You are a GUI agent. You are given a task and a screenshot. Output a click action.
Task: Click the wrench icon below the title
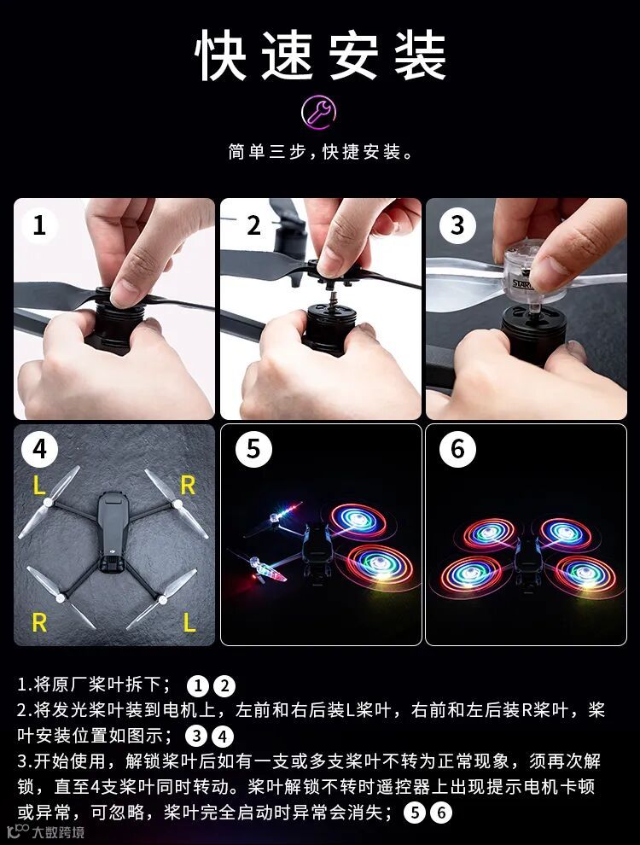point(319,112)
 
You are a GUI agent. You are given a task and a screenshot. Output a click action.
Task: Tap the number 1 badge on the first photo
point(39,224)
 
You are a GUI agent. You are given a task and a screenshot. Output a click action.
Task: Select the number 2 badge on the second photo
point(253,224)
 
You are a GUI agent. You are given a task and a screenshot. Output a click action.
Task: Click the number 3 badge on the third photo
point(457,224)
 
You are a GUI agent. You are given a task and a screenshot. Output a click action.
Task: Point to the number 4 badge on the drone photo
point(39,449)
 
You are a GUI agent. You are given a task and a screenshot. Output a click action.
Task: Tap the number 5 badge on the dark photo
point(253,449)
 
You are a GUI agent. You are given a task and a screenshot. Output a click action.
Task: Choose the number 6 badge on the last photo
point(457,449)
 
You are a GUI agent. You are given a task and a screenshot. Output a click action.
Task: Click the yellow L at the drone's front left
point(38,487)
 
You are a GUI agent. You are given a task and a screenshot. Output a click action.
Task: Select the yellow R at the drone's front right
point(188,486)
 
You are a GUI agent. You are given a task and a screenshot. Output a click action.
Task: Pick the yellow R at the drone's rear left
point(39,622)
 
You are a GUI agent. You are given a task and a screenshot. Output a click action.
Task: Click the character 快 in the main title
point(221,55)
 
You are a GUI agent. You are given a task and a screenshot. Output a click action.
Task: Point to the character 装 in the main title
point(420,55)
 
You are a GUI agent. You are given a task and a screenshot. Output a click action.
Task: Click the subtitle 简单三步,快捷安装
point(321,152)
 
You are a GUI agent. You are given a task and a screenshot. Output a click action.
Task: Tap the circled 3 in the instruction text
point(196,736)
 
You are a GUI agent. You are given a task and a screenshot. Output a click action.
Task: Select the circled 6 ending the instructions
point(441,813)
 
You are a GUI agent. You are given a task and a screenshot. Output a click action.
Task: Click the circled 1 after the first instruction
point(198,686)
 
